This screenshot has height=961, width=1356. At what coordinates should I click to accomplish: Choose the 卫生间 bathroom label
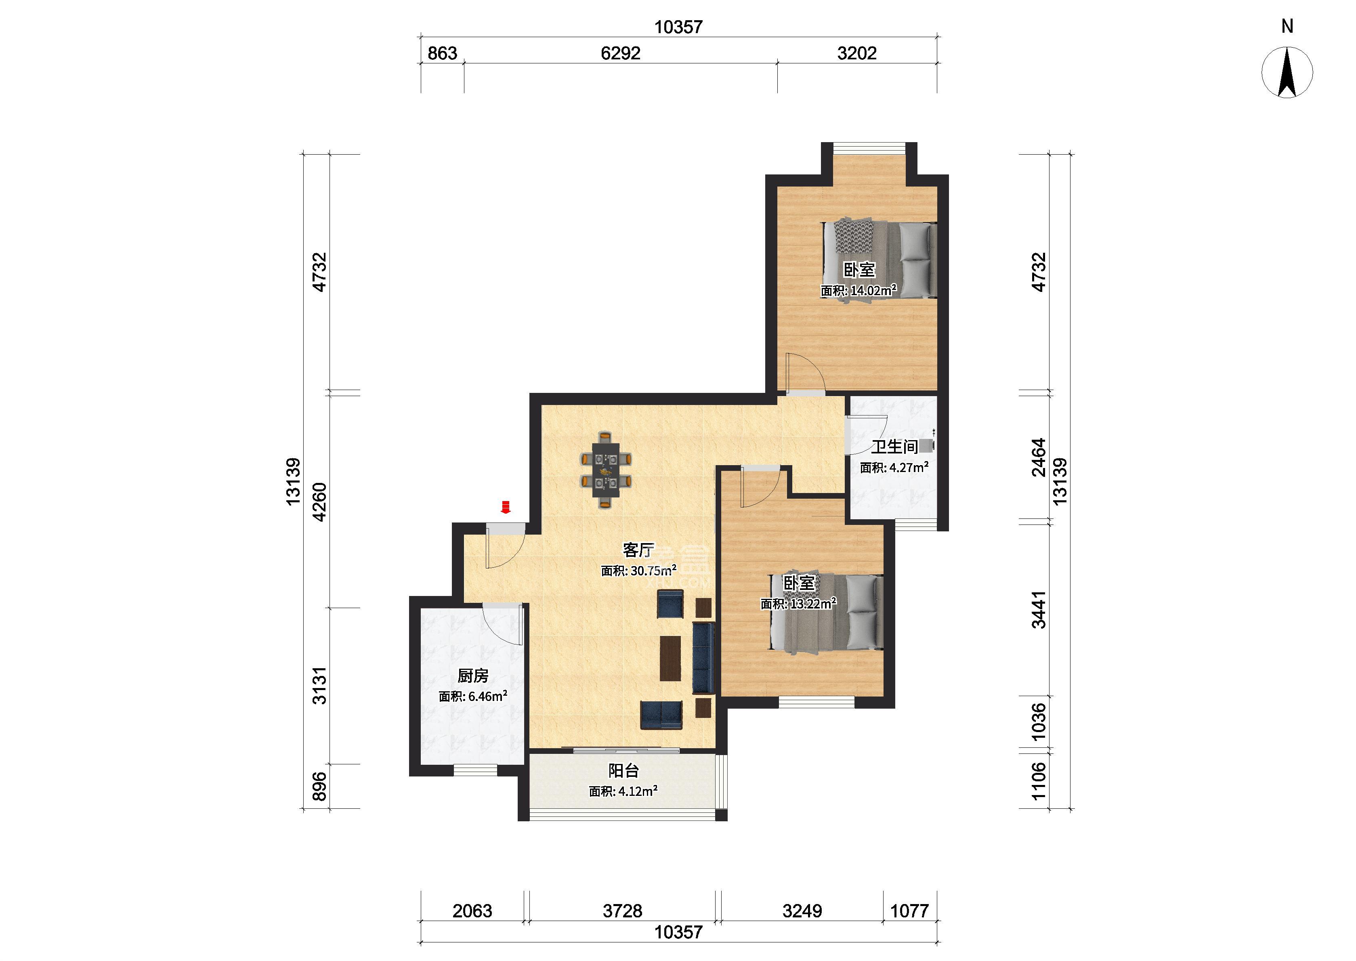tap(894, 447)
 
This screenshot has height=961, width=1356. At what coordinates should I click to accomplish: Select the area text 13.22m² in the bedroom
tap(814, 604)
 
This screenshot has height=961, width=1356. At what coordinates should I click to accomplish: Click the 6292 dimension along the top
tap(621, 53)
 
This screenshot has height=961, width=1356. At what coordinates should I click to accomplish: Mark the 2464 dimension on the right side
tap(1039, 457)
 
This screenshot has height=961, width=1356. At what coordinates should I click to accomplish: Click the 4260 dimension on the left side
tap(319, 502)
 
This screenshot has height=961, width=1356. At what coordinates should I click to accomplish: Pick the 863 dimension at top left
tap(443, 53)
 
